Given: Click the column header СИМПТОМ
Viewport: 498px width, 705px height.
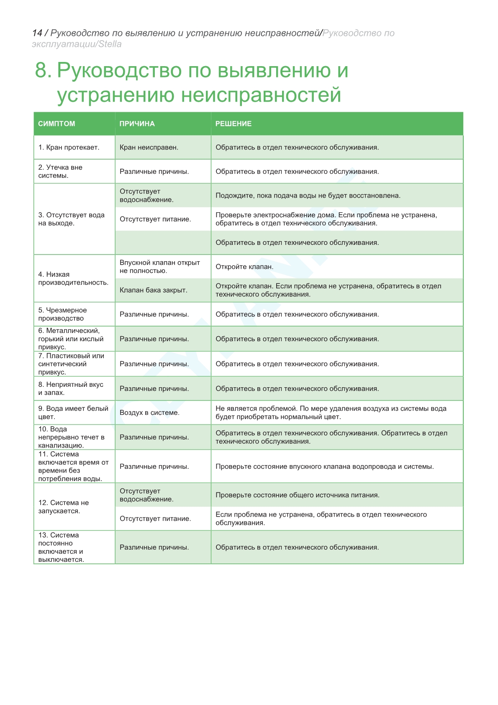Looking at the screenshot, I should [x=56, y=124].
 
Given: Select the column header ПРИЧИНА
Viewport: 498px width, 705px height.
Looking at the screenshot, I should [x=137, y=124].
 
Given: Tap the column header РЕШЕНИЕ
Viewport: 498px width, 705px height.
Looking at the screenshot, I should [x=233, y=124].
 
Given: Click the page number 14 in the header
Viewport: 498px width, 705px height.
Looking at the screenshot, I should [x=37, y=33].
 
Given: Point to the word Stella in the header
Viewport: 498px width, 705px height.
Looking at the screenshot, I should [x=110, y=44].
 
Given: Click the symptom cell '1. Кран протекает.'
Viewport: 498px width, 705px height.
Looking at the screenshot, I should [x=69, y=147].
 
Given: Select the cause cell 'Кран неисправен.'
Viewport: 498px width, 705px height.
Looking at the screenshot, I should [x=149, y=147].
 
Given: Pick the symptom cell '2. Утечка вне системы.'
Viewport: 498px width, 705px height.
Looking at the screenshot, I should [x=60, y=171].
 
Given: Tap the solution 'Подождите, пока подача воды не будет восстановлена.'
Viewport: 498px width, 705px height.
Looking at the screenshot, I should [x=308, y=196].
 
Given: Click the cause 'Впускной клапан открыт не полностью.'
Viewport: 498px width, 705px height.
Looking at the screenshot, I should [x=159, y=267].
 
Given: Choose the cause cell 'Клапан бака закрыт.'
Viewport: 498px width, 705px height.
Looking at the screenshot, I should [x=153, y=290].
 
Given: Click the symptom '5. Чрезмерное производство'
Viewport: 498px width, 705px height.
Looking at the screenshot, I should [x=62, y=314].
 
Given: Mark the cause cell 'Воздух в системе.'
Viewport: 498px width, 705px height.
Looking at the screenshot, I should [x=149, y=413].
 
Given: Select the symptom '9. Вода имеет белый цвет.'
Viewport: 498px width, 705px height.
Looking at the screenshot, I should [x=73, y=413].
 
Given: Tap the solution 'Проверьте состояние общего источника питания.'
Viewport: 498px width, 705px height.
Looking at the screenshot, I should [x=297, y=495].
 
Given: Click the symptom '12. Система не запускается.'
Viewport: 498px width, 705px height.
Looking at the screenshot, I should [x=63, y=507].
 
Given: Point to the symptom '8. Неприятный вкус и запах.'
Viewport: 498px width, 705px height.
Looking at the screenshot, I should [x=70, y=389].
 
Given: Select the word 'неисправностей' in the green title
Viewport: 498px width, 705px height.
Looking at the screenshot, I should [x=261, y=95].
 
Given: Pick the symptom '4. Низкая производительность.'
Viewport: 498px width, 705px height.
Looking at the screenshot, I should [x=73, y=278].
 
